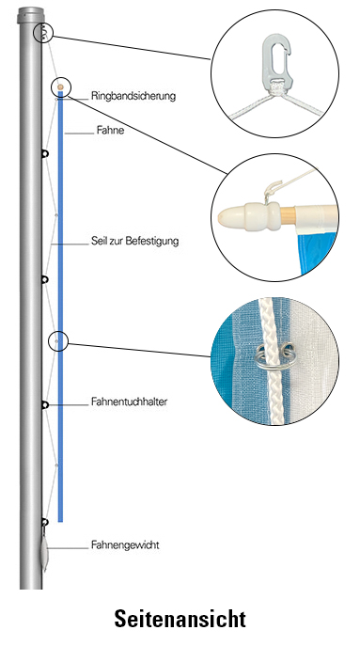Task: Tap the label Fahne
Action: (x=110, y=132)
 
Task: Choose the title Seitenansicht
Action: (x=180, y=620)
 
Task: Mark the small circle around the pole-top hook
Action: (x=43, y=34)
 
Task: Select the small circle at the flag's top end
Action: (x=60, y=87)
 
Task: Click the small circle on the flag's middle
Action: (x=58, y=339)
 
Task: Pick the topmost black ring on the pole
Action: (x=44, y=153)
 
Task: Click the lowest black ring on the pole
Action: (x=44, y=520)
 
